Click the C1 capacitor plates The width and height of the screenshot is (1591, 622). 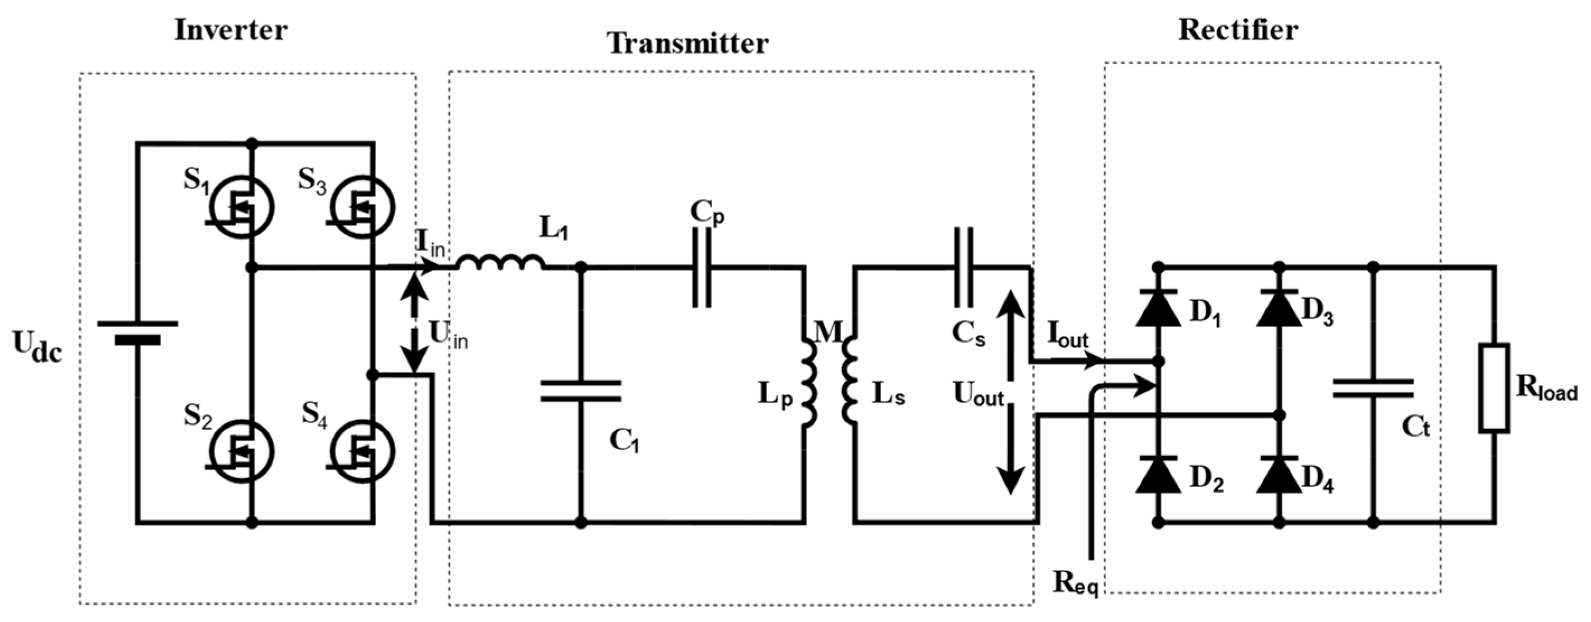click(x=581, y=391)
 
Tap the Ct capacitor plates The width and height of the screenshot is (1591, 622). click(x=1372, y=389)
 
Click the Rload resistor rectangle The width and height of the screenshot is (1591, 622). click(x=1495, y=387)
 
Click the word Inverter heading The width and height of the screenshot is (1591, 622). click(x=231, y=30)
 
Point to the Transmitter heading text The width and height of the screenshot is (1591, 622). click(x=687, y=43)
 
